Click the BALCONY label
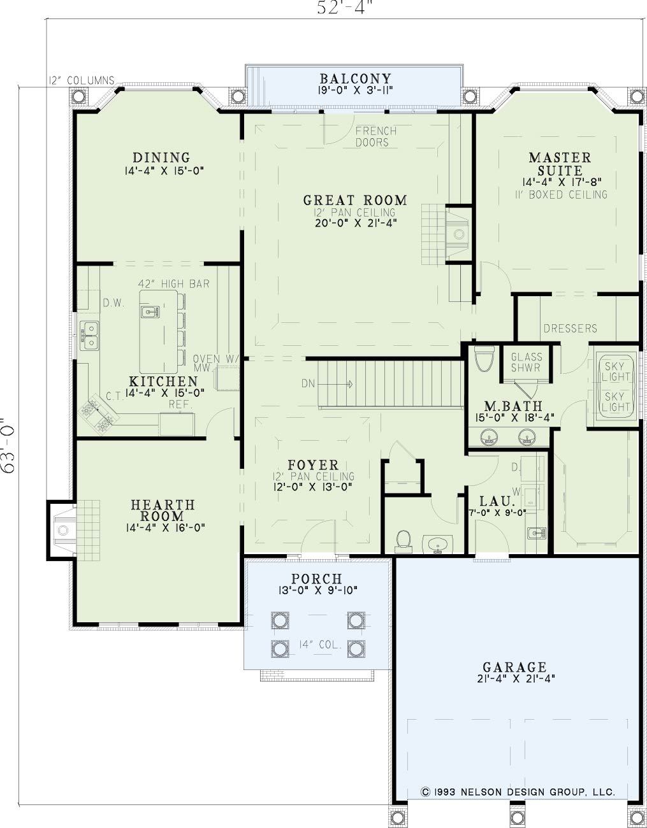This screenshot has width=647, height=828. (355, 78)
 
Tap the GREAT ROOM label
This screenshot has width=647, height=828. (355, 200)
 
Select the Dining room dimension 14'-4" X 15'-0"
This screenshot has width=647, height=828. (164, 171)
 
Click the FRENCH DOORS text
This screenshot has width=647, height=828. (376, 136)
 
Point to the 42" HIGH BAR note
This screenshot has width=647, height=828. (173, 283)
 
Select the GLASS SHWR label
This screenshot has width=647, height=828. (527, 362)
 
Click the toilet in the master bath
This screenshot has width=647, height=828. (484, 359)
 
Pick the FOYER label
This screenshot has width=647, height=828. (313, 465)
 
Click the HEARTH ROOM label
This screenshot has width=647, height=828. (163, 510)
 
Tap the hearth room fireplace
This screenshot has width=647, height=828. (63, 530)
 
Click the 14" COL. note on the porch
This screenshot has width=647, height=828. (319, 645)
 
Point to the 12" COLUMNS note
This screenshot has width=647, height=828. (82, 80)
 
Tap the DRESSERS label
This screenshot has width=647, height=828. (571, 328)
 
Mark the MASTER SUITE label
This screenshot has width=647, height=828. (560, 164)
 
